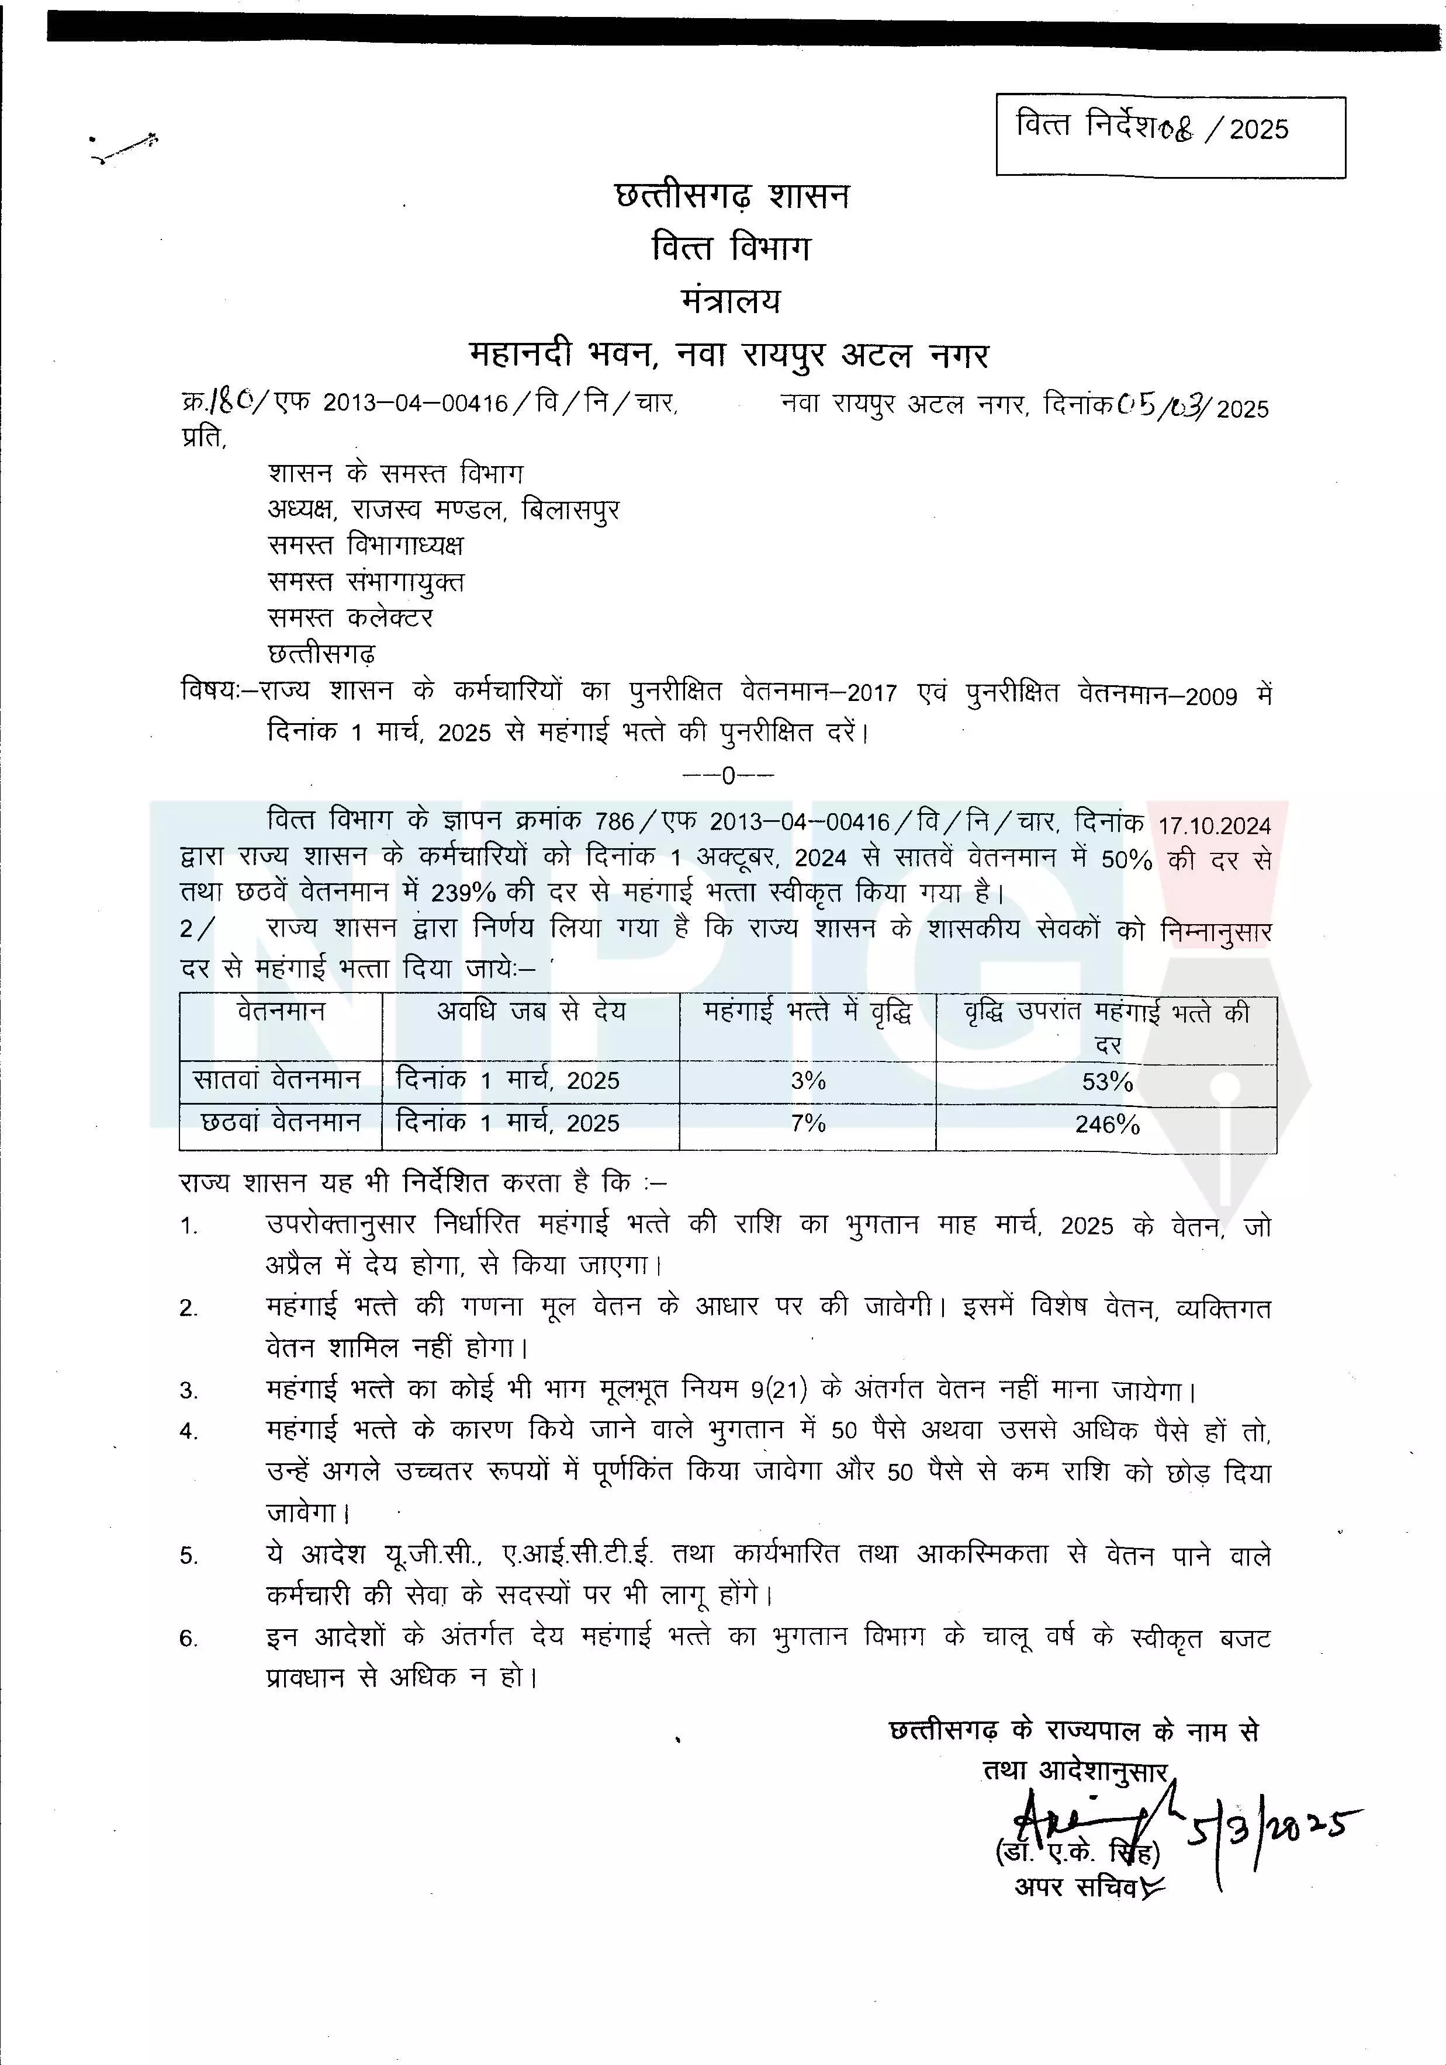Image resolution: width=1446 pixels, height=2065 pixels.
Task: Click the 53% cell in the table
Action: coord(1107,1082)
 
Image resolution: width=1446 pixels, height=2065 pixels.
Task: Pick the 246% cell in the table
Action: coord(1107,1125)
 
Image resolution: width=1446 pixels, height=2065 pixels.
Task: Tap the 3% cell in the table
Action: coord(807,1081)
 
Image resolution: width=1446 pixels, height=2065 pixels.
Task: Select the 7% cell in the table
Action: coord(807,1123)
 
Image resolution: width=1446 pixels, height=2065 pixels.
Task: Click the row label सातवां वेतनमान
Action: coord(279,1080)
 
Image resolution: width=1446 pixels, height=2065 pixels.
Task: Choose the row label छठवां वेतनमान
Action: coord(281,1122)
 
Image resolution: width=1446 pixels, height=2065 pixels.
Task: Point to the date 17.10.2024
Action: coord(1214,825)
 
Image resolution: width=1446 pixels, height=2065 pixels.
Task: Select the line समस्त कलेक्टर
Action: coord(351,618)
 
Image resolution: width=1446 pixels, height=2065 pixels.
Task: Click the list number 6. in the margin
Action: coord(188,1639)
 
